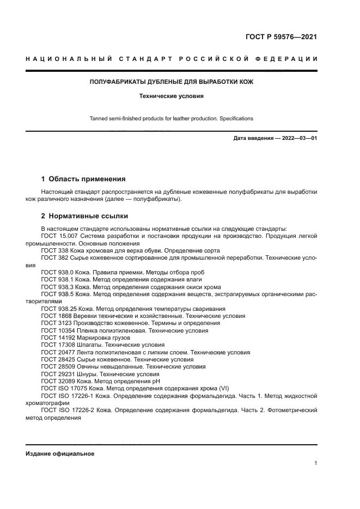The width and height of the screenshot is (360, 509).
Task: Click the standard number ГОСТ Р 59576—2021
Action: coord(281,38)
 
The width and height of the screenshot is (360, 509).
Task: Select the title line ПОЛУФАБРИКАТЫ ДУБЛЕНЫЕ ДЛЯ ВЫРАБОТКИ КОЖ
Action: coord(171,82)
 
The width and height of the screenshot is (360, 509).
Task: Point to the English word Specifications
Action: coord(235,118)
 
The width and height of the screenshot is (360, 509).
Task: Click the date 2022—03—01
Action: coord(297,138)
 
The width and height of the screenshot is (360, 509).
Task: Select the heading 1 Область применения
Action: coord(83,179)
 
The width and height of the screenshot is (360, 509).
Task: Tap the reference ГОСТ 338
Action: coord(54,252)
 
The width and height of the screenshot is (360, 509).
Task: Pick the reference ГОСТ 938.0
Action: coord(57,271)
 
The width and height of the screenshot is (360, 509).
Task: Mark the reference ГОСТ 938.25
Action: coord(59,309)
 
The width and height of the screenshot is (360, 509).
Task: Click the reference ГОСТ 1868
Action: coord(56,316)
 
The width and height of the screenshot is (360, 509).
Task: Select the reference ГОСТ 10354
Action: coord(57,330)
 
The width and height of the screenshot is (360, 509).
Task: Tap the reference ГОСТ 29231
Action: coord(57,375)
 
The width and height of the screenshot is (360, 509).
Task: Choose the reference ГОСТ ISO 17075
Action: coord(64,389)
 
